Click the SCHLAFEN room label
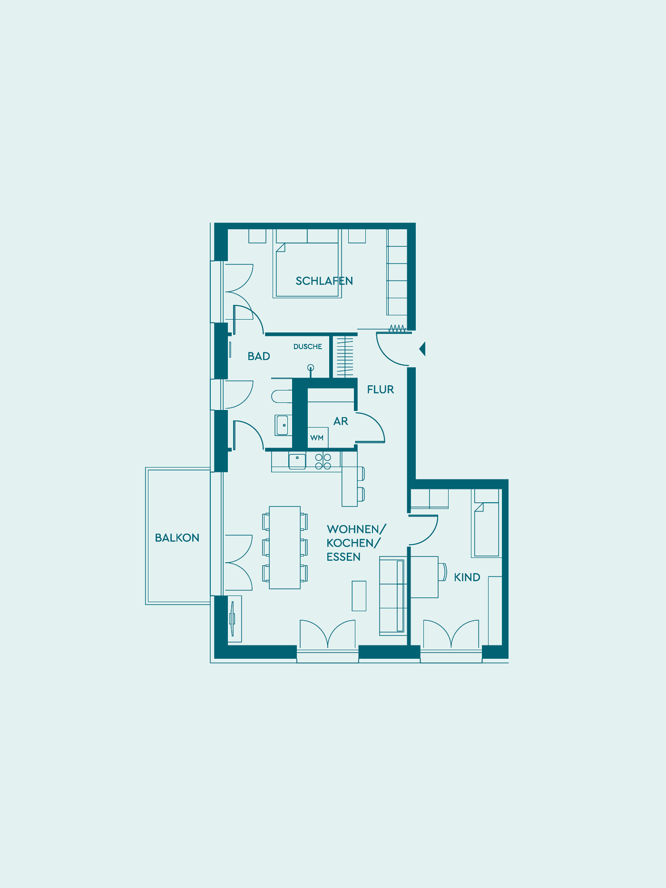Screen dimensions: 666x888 324,281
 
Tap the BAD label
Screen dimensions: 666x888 259,356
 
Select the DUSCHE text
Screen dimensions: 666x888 308,347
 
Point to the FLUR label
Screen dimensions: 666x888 381,390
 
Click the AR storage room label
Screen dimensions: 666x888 341,421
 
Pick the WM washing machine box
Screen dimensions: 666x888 317,438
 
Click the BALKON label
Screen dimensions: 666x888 177,538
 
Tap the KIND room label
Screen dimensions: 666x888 467,577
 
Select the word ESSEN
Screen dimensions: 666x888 343,557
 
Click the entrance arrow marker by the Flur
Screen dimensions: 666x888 422,349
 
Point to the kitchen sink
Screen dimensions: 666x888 297,461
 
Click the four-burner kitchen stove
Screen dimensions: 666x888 323,461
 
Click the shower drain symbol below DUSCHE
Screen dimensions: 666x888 311,368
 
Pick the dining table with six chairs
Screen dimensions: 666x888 285,547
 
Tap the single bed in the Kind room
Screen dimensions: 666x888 485,523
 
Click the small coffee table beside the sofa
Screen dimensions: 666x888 359,596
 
